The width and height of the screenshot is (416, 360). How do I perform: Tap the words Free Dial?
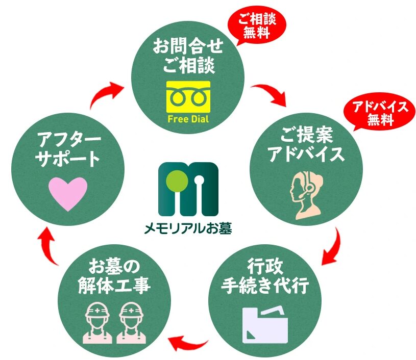point(188,118)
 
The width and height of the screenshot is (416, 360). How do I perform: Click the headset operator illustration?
point(306,195)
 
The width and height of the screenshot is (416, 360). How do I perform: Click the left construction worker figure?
point(97,323)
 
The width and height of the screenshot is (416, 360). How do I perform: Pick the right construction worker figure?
point(131,323)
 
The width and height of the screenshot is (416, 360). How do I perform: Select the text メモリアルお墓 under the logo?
point(188,228)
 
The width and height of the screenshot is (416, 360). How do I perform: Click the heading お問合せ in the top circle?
point(188,46)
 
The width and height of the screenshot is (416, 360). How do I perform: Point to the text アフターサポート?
point(68,149)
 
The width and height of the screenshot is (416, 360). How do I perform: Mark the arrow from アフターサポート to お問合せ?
point(102,93)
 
